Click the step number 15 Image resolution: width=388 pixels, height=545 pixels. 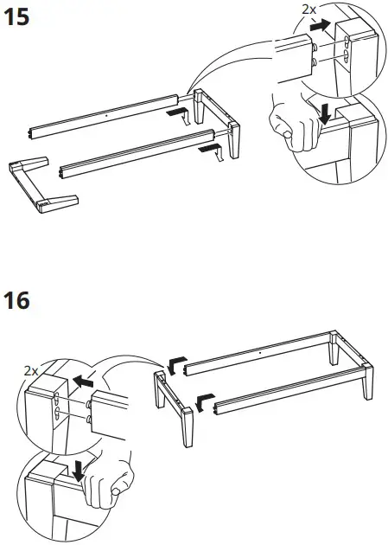click(x=17, y=18)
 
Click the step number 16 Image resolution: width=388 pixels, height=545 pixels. click(x=17, y=301)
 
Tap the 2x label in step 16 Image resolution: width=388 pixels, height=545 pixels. click(x=32, y=369)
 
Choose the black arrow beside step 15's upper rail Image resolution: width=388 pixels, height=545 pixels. click(x=176, y=112)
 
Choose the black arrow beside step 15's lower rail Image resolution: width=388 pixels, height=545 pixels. click(x=209, y=150)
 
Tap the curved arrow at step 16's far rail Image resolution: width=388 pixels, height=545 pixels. click(x=175, y=363)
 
